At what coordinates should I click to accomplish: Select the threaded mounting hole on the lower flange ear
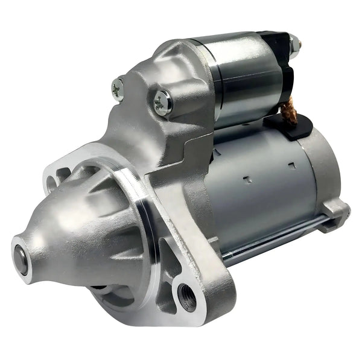point(185,295)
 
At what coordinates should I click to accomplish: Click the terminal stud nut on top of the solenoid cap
point(294,43)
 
